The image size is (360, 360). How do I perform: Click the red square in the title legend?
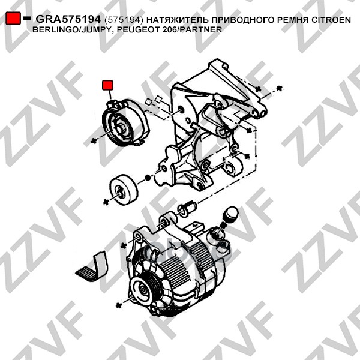[x=13, y=18]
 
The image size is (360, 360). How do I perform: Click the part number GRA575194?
[x=68, y=20]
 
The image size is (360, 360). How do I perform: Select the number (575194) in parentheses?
[x=124, y=20]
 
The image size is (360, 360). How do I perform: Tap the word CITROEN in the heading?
[x=331, y=20]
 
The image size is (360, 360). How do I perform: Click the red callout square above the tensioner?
[x=107, y=85]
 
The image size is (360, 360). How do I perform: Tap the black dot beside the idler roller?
[x=148, y=178]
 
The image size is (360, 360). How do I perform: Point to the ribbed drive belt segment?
[x=92, y=267]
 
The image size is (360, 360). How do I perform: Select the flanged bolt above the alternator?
[x=187, y=208]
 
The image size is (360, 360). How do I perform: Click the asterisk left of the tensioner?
[x=94, y=141]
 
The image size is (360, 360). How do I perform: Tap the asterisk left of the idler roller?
[x=106, y=202]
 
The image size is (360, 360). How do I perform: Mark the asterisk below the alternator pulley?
[x=119, y=305]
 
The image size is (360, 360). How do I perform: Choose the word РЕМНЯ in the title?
[x=293, y=20]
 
